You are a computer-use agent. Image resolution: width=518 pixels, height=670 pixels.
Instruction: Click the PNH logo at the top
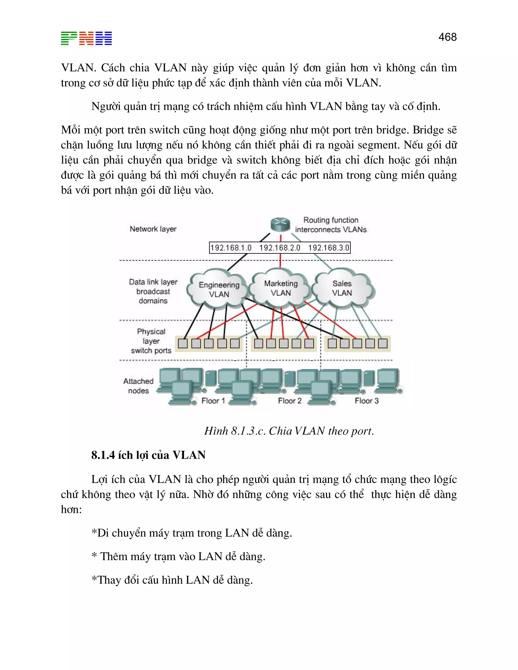(x=86, y=38)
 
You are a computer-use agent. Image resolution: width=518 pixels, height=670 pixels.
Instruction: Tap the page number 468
(x=447, y=37)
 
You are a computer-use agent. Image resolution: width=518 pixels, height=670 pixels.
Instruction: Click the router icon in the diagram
(x=280, y=224)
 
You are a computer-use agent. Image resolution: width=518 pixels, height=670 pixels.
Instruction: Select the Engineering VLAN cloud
(x=219, y=289)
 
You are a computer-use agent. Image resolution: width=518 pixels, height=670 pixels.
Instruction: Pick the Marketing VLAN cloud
(x=281, y=288)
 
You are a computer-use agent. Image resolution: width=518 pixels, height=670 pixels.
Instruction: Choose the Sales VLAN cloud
(x=342, y=288)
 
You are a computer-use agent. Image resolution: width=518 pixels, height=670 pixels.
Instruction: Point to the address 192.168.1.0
(x=231, y=248)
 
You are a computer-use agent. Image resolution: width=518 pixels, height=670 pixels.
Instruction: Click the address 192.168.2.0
(x=279, y=248)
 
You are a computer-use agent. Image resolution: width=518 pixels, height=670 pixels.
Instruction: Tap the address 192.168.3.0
(x=329, y=248)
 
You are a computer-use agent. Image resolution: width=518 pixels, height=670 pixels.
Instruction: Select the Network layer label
(x=153, y=229)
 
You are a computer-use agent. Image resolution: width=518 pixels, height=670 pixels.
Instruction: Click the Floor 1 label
(x=213, y=401)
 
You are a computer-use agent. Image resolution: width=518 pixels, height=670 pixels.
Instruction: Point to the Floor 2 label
(x=290, y=401)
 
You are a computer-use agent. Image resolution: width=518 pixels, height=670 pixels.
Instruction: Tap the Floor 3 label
(x=367, y=401)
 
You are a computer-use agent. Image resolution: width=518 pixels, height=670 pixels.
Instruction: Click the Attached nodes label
(x=138, y=386)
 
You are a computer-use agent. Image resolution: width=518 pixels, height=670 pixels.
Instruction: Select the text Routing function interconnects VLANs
(x=331, y=225)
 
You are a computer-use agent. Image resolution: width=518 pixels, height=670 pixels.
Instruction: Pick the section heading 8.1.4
(x=148, y=455)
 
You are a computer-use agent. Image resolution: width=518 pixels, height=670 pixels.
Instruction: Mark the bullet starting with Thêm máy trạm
(x=179, y=556)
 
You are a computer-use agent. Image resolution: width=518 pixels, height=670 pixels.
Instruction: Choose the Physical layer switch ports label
(x=151, y=341)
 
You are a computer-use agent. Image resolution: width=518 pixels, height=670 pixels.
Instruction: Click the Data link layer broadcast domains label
(x=153, y=291)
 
